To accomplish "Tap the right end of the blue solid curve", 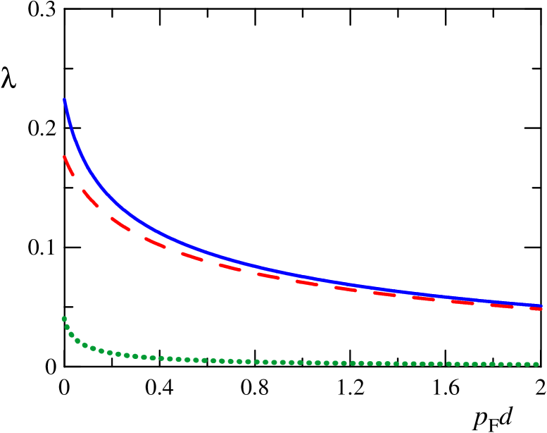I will (x=541, y=305).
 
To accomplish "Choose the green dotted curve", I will (x=282, y=362).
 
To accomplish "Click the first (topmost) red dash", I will (x=68, y=165).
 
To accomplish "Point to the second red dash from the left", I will (x=90, y=197).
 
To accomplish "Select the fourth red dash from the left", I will (x=155, y=243).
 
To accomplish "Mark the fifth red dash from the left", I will (x=191, y=256).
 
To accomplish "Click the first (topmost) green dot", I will (x=64, y=319).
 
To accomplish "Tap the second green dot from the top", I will (x=67, y=327).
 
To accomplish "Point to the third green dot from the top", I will (x=71, y=334).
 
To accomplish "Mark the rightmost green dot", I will (x=536, y=365).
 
